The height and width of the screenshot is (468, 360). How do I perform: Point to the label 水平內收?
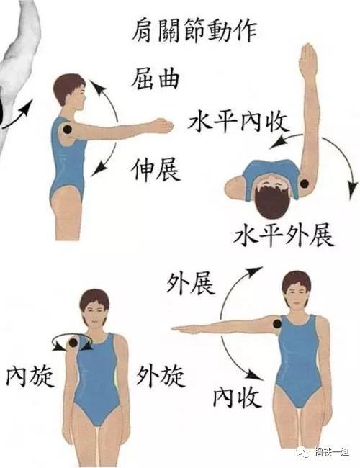click(230, 122)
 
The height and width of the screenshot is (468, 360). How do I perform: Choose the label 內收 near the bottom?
click(238, 395)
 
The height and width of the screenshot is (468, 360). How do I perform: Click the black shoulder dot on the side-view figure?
click(68, 130)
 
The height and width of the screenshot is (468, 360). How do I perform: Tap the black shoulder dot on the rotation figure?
click(74, 345)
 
